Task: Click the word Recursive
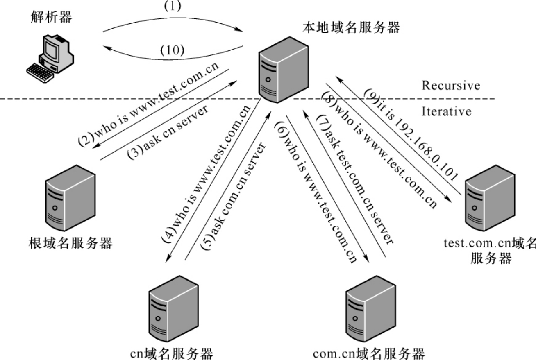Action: (x=451, y=86)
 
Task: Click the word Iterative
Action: (x=447, y=111)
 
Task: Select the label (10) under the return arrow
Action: (x=172, y=50)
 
